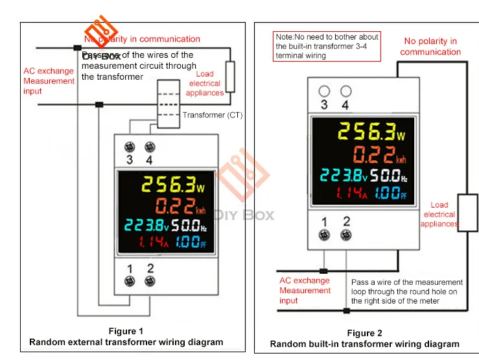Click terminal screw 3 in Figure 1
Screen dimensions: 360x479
(129, 146)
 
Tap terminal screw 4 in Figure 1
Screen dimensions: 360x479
(150, 146)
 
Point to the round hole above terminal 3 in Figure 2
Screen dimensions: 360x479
(325, 91)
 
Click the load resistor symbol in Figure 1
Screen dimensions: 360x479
(230, 77)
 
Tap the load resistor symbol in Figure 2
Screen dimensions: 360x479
(467, 211)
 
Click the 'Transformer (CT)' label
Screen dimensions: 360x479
(213, 115)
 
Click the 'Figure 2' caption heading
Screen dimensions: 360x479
(365, 333)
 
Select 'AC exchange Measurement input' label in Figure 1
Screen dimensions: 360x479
(49, 81)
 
